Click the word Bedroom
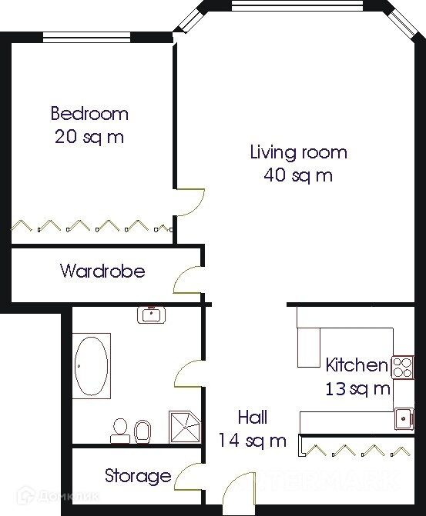[89, 113]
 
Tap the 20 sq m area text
[89, 137]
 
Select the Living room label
[298, 153]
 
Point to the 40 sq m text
[298, 175]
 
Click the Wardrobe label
[102, 271]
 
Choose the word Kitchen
[357, 365]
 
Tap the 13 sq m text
[357, 388]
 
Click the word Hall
[253, 418]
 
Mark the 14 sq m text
[253, 441]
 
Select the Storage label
[138, 476]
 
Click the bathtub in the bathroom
[92, 365]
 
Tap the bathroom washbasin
[151, 315]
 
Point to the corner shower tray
[185, 427]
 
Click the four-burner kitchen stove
[403, 368]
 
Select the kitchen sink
[404, 418]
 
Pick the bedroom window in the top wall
[87, 37]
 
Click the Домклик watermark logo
[57, 496]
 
